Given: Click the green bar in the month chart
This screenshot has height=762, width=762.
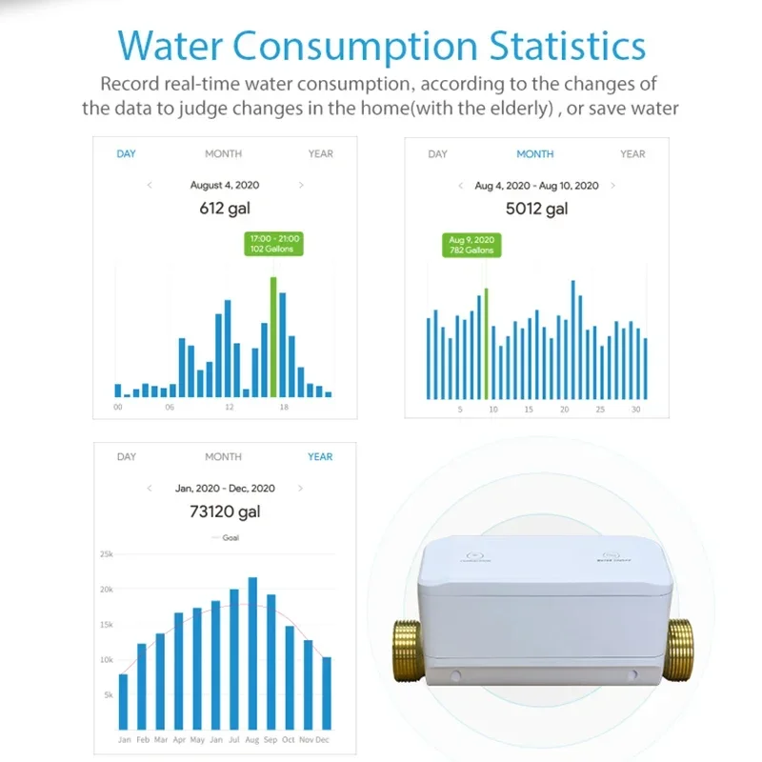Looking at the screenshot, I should point(486,344).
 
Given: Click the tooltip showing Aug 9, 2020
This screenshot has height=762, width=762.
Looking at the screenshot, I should point(472,245).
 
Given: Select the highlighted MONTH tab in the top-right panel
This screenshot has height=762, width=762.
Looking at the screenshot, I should point(534,153).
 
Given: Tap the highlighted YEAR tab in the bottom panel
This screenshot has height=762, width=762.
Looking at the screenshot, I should point(320,457).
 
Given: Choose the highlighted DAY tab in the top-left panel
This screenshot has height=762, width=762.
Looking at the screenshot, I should point(126,153).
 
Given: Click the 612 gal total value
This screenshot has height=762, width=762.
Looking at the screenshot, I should point(225,209).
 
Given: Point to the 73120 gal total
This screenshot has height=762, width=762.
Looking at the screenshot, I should point(225,511).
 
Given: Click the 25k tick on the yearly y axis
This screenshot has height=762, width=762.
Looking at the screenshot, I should point(106,554).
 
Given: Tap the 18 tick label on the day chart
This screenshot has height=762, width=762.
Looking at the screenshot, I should point(283,408).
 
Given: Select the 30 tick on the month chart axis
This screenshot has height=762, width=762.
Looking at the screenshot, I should point(634,410).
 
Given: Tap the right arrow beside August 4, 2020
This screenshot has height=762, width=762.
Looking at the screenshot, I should point(301,185).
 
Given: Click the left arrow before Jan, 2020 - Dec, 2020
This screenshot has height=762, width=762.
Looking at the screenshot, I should point(150,488).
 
